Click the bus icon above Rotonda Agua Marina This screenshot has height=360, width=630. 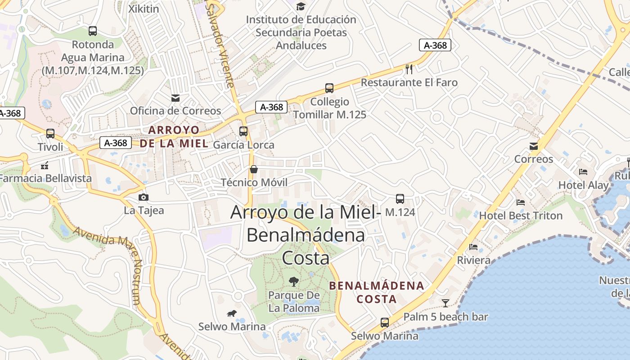point(92,31)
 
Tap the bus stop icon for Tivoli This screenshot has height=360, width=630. point(50,134)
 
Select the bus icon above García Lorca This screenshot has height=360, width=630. point(243,131)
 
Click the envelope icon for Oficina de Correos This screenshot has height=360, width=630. point(175,98)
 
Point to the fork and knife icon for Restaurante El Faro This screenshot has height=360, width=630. point(409,69)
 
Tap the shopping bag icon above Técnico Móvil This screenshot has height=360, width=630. point(254,169)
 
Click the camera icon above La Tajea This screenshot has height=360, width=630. point(144,197)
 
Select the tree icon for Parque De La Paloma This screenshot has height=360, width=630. point(294,282)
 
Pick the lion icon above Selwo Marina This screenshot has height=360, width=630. point(232,313)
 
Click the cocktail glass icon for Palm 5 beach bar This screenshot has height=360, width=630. point(445,303)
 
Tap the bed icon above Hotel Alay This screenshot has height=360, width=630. point(583,172)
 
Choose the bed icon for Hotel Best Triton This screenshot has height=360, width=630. point(521,202)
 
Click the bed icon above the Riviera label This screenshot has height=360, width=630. point(473,247)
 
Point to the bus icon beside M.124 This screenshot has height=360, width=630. point(400,198)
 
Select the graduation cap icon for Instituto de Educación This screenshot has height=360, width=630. point(301,6)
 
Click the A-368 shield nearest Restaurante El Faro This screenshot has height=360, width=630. point(435,45)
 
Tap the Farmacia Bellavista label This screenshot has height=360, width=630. point(45,178)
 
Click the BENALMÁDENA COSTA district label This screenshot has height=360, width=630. point(377,292)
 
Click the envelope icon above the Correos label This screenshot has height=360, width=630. point(534,146)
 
